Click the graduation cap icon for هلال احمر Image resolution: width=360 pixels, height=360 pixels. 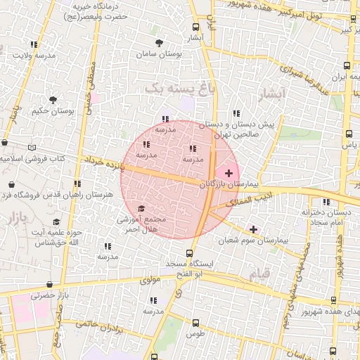141,209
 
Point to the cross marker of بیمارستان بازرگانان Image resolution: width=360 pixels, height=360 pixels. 229,172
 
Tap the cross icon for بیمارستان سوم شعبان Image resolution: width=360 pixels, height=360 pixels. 253,229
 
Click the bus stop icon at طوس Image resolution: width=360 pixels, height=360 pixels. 195,323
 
